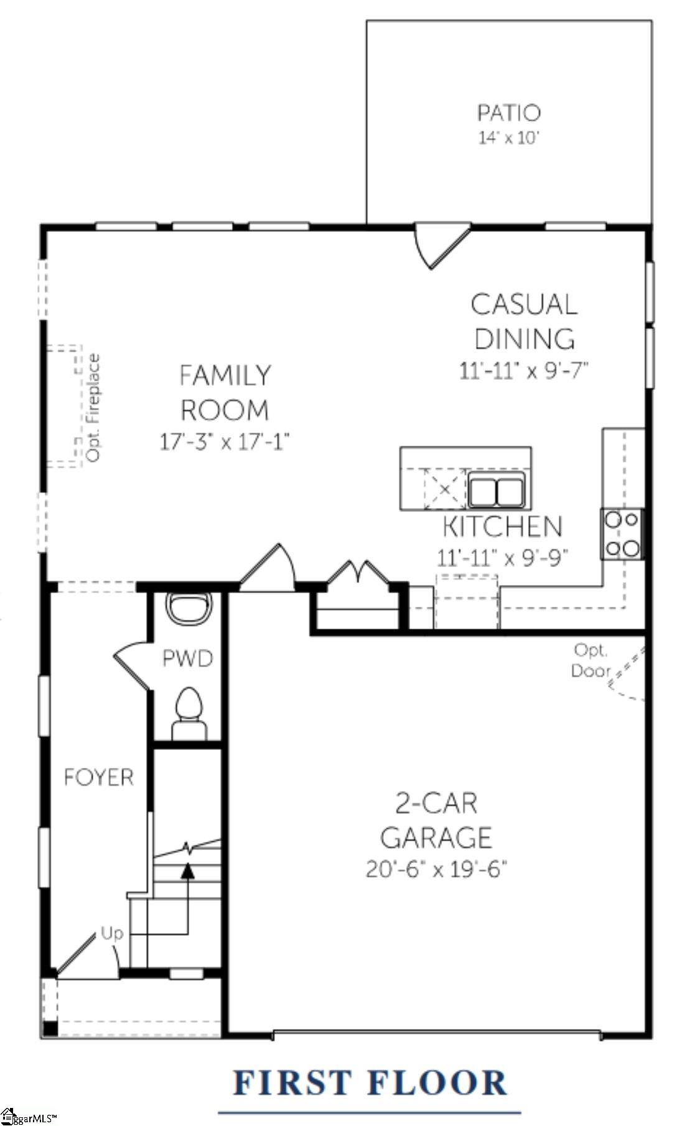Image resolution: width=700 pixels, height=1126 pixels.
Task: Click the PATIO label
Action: [508, 113]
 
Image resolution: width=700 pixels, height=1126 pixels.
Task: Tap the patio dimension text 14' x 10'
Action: [508, 137]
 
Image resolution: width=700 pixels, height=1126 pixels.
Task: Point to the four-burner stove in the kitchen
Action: [622, 533]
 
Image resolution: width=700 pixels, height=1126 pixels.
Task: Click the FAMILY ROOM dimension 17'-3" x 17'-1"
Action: [225, 442]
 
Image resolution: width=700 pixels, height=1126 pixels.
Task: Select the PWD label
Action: [187, 658]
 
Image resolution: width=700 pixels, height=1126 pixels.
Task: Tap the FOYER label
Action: [98, 777]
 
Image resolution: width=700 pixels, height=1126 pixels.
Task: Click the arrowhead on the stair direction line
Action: [187, 871]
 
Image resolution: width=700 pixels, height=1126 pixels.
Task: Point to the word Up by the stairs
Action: [112, 933]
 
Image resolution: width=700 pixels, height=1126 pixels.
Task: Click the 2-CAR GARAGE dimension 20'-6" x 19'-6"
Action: [436, 869]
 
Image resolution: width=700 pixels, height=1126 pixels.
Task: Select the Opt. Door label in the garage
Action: [590, 660]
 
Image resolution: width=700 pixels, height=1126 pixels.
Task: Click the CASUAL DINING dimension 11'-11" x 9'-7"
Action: [523, 371]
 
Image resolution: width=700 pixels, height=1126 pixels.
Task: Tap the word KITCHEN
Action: [502, 527]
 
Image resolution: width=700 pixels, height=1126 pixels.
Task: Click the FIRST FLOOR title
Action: [370, 1082]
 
